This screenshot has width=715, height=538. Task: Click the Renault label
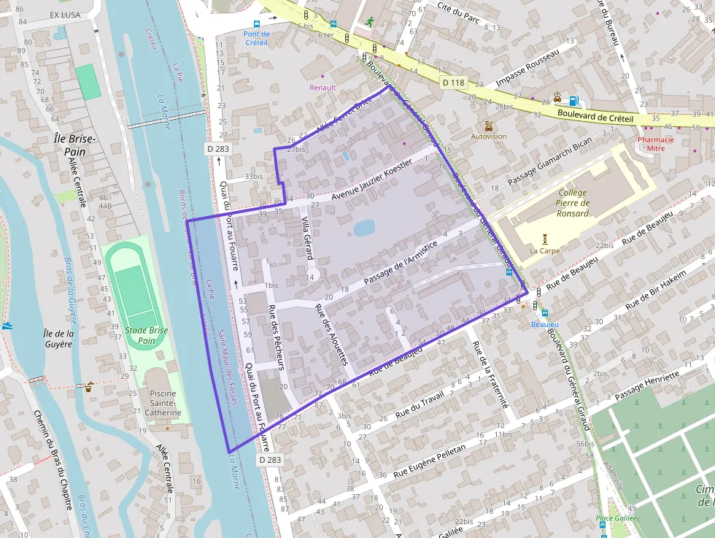322,88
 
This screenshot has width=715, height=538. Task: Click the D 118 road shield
453,82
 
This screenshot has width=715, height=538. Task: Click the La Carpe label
544,250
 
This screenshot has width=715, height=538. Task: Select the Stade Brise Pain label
147,335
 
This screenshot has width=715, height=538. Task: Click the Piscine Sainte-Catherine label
166,403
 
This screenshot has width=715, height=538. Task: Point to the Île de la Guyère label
58,339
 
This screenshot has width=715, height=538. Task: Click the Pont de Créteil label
256,38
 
